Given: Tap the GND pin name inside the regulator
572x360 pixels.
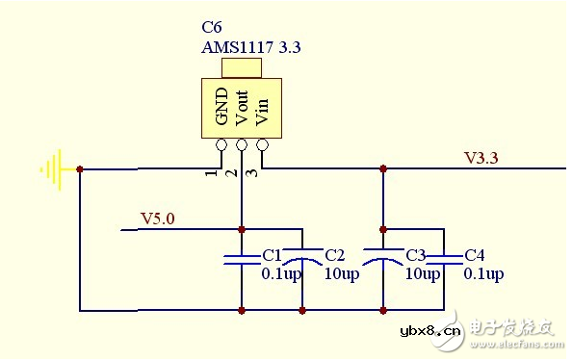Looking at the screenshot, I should [x=221, y=108].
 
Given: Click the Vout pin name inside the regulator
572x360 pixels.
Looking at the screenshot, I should [x=242, y=108].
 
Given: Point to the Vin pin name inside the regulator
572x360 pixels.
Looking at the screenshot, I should [x=261, y=108].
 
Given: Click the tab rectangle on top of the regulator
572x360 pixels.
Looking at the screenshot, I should [x=242, y=67].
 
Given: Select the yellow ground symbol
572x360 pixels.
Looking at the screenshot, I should [x=52, y=169].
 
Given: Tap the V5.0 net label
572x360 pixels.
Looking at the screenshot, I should [x=158, y=219].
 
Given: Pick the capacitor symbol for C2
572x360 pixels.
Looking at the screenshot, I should [x=303, y=256].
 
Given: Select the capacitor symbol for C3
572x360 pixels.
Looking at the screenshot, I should [x=383, y=256].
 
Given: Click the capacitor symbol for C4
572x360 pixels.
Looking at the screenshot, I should [x=444, y=256].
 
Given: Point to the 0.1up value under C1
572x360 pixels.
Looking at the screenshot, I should [x=281, y=274].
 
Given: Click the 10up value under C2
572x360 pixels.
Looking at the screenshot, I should [x=341, y=274].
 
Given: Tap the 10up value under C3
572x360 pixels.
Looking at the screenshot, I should [x=422, y=274].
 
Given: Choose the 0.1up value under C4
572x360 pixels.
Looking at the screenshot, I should [x=483, y=274].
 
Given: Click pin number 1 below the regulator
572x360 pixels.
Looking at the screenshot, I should [x=209, y=172].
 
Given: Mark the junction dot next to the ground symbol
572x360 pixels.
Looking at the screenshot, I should [x=80, y=169].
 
